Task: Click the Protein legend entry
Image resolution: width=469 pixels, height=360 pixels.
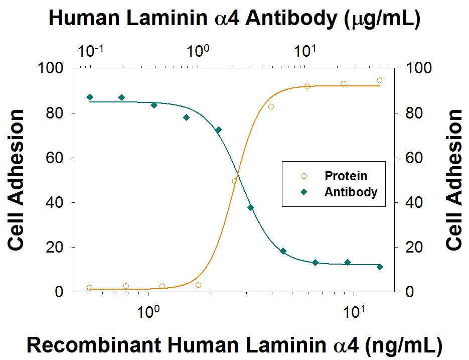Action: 346,176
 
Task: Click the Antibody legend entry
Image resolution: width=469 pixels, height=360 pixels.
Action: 351,192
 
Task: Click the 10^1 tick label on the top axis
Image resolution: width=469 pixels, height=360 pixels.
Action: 304,50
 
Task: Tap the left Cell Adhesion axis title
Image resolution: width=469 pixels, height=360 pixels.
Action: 17,180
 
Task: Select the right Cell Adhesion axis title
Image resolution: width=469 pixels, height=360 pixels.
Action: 454,180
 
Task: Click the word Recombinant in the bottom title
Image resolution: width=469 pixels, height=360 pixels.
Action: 81,346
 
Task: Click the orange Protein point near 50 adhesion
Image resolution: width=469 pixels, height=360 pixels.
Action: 235,181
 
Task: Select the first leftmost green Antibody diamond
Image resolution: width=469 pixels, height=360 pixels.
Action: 90,97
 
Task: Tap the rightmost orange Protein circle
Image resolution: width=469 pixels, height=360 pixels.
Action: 380,80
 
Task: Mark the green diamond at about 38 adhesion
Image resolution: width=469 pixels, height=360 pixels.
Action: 251,207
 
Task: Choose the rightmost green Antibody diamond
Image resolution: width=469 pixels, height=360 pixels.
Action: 380,267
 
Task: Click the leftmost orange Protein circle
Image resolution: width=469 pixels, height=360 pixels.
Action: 90,288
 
